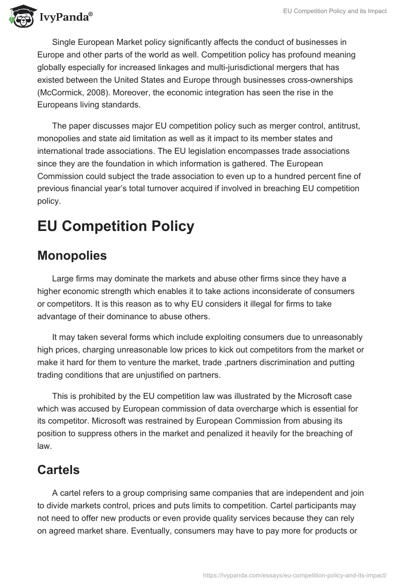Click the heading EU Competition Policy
(115, 226)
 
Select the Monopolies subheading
(72, 256)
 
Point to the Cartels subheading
(58, 470)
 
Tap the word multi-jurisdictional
(219, 67)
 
